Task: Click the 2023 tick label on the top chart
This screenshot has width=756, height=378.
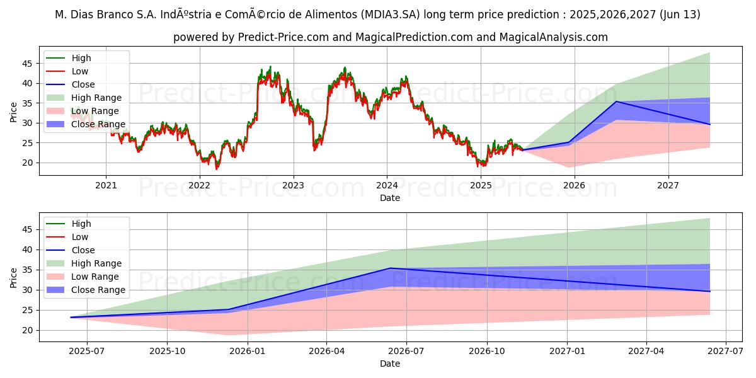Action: pyautogui.click(x=293, y=185)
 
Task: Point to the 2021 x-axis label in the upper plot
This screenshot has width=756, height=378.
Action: pyautogui.click(x=106, y=185)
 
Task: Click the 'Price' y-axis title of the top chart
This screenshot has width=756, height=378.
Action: pyautogui.click(x=13, y=113)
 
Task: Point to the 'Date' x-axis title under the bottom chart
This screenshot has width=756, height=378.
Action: pyautogui.click(x=389, y=364)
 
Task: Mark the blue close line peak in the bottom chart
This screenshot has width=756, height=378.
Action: pyautogui.click(x=390, y=268)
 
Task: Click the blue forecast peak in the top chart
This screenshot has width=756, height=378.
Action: pyautogui.click(x=616, y=101)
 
